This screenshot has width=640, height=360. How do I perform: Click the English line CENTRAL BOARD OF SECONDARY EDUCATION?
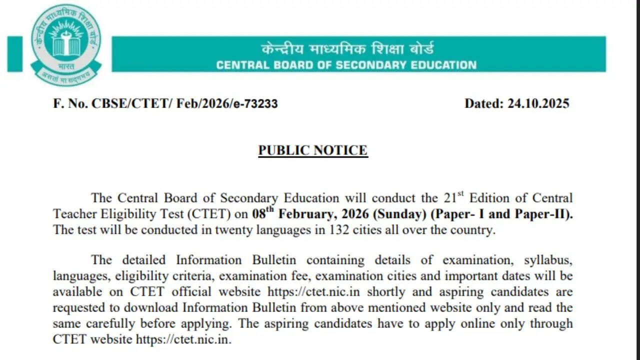click(x=346, y=65)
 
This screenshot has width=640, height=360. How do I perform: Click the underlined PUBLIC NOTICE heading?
click(x=313, y=150)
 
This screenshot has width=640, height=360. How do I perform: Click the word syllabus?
click(x=548, y=260)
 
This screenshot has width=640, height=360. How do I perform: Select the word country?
click(x=473, y=230)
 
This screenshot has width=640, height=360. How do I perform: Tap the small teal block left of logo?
click(x=15, y=53)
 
